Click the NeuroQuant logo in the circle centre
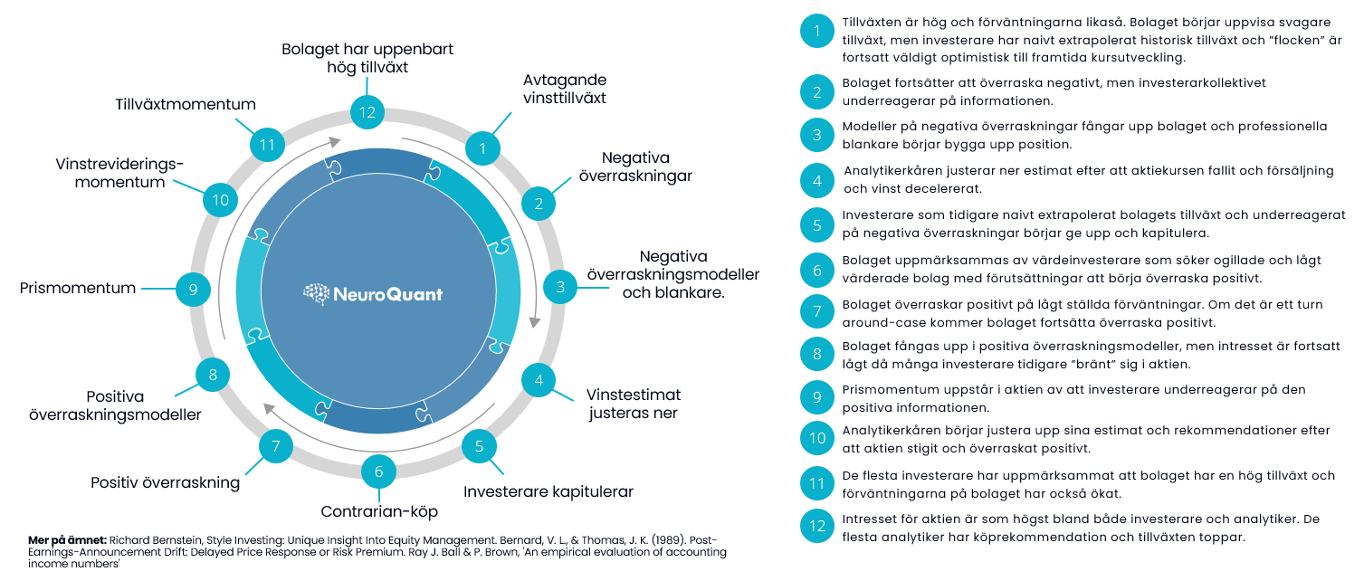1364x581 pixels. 374,294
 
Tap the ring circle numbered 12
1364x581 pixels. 367,113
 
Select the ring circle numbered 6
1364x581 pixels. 378,471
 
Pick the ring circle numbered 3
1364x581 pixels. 559,288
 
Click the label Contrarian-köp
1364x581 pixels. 379,511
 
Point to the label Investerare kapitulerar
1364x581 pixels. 548,492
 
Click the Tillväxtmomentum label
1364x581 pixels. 186,104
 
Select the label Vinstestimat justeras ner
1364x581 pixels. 634,405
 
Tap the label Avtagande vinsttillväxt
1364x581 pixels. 565,89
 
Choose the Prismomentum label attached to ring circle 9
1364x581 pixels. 78,289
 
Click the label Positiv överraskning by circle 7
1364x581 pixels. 166,482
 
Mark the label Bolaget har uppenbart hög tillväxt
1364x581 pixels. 367,58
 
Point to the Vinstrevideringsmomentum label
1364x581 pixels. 119,173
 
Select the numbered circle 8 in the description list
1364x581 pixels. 816,354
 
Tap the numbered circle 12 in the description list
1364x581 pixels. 816,526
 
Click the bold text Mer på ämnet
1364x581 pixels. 67,540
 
